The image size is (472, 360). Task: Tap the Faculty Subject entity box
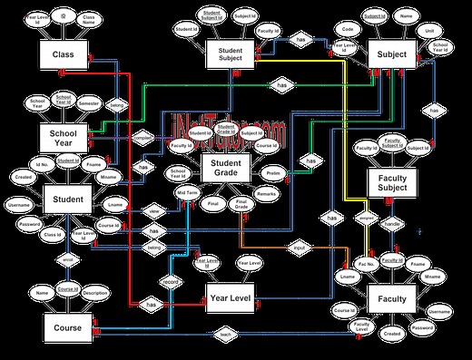[393, 182]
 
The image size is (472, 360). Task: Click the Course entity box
[67, 327]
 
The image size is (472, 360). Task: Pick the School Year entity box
[63, 137]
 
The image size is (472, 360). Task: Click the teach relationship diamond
[226, 335]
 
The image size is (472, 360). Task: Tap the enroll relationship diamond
[66, 259]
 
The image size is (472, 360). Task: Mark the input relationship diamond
[300, 246]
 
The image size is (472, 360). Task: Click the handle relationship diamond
[393, 220]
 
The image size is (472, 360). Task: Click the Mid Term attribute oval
[187, 192]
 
